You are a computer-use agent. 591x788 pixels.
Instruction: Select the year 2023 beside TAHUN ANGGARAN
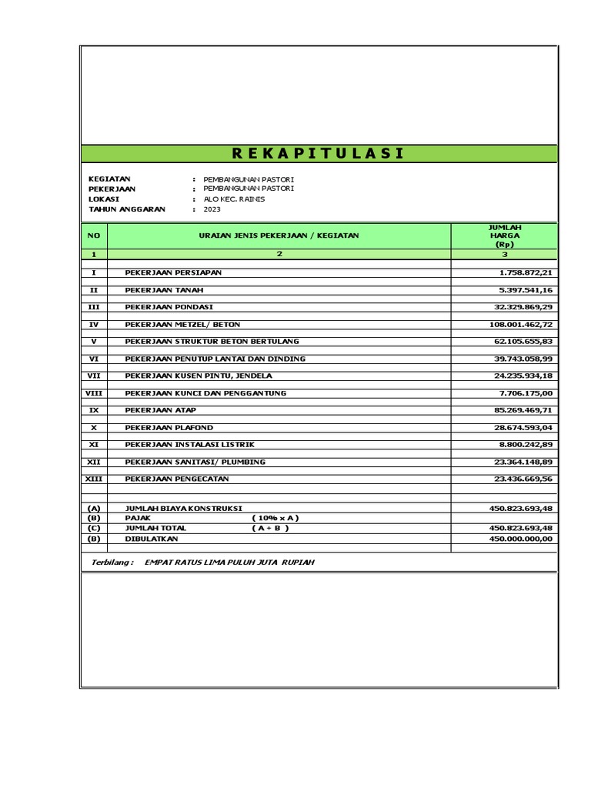pyautogui.click(x=212, y=209)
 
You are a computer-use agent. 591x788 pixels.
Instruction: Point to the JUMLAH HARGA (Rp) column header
pyautogui.click(x=505, y=235)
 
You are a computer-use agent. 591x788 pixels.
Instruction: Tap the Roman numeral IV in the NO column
pyautogui.click(x=94, y=325)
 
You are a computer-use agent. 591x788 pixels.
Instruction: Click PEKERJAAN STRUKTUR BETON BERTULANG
pyautogui.click(x=212, y=342)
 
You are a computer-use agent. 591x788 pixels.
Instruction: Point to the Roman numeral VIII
pyautogui.click(x=94, y=393)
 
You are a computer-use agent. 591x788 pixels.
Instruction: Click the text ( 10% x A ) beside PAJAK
pyautogui.click(x=275, y=518)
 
